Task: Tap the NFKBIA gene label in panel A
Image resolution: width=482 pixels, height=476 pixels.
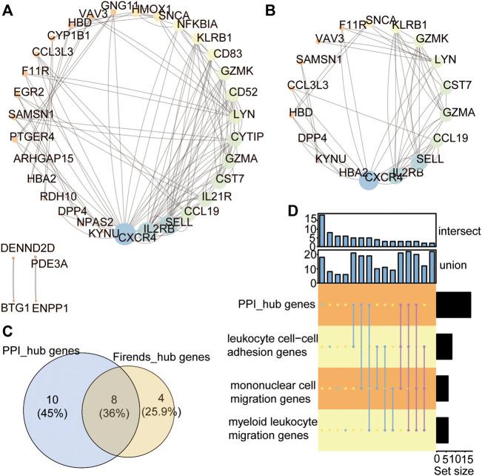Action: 196,24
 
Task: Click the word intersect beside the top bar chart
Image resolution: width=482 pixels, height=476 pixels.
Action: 458,231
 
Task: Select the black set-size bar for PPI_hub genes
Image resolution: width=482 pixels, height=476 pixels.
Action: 453,304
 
